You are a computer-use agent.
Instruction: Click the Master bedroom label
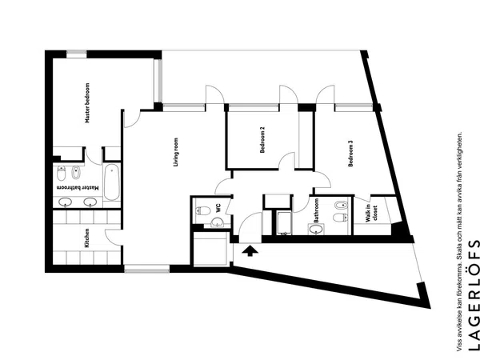(x=87, y=103)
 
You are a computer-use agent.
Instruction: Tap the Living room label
(x=176, y=152)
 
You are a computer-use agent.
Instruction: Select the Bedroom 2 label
(x=262, y=140)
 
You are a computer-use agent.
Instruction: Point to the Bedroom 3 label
(x=351, y=154)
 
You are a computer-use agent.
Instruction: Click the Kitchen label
(x=86, y=238)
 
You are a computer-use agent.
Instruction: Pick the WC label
(x=218, y=209)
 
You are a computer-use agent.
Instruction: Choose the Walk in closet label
(x=371, y=213)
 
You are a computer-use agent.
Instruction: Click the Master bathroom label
(x=78, y=188)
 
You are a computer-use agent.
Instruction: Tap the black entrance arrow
(x=250, y=250)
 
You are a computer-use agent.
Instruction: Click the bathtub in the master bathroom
(x=111, y=182)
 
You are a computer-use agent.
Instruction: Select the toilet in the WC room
(x=203, y=210)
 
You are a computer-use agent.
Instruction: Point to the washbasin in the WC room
(x=218, y=222)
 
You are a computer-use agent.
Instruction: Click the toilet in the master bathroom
(x=62, y=174)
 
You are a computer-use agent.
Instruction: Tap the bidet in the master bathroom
(x=76, y=173)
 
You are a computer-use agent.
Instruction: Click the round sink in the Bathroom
(x=316, y=229)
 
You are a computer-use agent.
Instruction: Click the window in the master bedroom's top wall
(x=77, y=54)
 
